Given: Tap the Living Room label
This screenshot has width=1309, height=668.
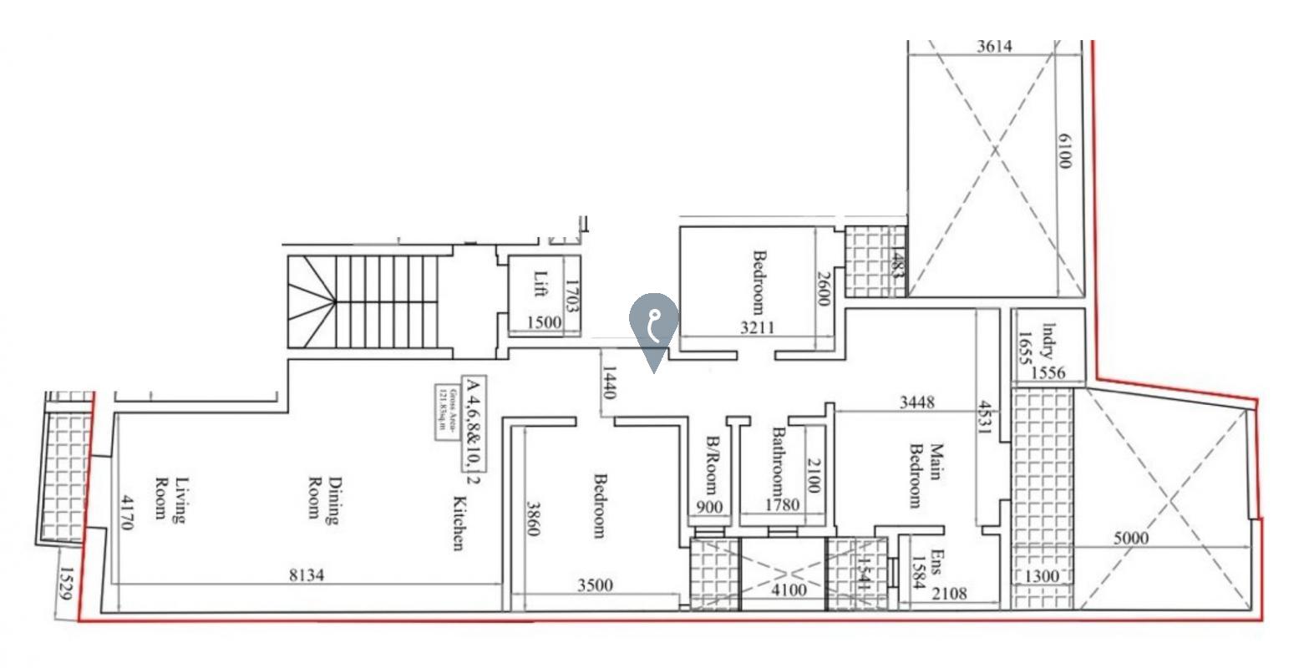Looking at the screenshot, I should pyautogui.click(x=170, y=498).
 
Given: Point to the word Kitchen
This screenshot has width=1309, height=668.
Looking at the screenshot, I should pyautogui.click(x=458, y=524).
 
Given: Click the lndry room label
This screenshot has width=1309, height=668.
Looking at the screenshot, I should pyautogui.click(x=1048, y=342).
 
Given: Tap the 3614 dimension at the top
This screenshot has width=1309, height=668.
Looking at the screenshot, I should pyautogui.click(x=994, y=47).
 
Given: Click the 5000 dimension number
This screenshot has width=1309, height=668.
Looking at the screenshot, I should pyautogui.click(x=1131, y=539).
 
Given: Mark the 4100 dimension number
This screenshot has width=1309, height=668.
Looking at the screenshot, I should pyautogui.click(x=788, y=590).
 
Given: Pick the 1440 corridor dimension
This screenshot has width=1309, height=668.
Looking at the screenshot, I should pyautogui.click(x=609, y=382).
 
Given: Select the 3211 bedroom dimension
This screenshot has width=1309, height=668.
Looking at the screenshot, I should pyautogui.click(x=757, y=327).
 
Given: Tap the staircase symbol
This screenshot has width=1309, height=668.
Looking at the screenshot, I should pyautogui.click(x=363, y=301).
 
